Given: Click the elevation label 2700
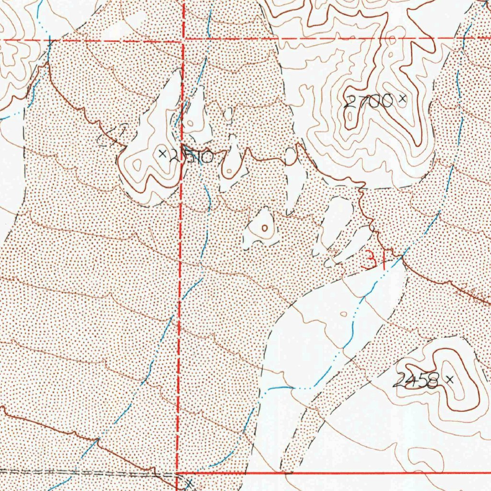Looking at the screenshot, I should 369,101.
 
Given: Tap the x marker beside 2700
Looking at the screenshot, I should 402,99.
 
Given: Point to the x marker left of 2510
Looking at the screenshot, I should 162,153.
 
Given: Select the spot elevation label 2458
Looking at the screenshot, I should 416,381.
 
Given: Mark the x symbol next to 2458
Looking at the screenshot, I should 449,379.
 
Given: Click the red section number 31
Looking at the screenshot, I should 372,260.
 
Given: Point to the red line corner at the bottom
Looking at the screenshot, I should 178,473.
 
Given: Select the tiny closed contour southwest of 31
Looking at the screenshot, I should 343,314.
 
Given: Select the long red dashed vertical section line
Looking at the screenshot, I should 180,288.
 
